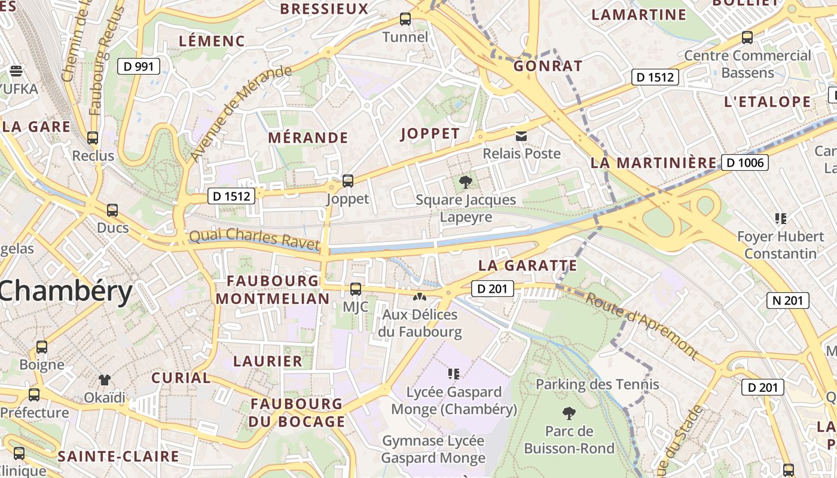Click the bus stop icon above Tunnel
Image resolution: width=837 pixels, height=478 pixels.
405,19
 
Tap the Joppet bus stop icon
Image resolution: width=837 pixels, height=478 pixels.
347,180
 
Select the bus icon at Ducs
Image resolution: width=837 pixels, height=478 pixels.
112,210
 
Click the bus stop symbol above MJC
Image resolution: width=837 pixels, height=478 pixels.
356,289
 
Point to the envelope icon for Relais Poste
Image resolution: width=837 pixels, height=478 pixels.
521,136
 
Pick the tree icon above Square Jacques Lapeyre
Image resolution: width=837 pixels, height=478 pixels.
465,182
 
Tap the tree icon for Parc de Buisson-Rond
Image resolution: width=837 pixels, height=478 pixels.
569,413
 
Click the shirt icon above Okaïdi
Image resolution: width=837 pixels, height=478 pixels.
105,379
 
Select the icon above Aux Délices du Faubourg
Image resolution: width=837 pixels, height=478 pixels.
420,296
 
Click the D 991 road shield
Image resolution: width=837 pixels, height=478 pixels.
138,66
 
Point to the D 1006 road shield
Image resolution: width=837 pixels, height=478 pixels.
744,163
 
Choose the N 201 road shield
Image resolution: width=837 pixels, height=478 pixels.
787,301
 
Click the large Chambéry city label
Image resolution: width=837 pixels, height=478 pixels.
66,292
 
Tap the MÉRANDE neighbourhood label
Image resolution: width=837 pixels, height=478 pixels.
308,138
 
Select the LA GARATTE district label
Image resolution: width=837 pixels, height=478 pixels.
528,265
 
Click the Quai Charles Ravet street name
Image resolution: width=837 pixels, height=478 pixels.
254,238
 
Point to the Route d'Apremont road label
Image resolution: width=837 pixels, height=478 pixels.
641,325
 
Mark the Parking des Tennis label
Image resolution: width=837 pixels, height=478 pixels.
597,384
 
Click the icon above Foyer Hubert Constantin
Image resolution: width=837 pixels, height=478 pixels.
780,219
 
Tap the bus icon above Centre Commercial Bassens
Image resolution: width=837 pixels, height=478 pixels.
747,38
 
